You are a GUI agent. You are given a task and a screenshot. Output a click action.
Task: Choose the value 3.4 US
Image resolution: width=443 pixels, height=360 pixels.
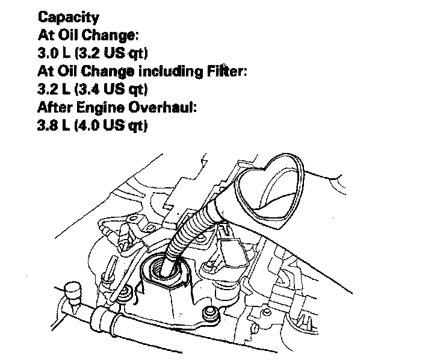pos(99,90)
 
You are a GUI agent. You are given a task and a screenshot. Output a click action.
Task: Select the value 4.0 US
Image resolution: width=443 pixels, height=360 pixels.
pos(99,126)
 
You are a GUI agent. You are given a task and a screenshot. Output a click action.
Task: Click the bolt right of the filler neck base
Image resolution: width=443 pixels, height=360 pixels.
pos(210,314)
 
